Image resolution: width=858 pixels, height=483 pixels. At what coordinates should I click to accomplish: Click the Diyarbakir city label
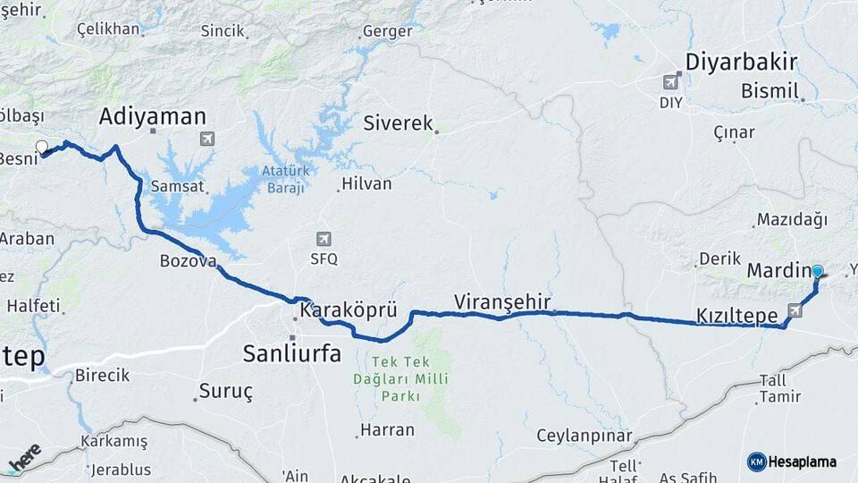(741, 62)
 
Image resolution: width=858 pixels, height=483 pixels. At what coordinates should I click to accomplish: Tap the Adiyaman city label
(153, 116)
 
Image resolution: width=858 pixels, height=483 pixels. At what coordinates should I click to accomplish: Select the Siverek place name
(398, 123)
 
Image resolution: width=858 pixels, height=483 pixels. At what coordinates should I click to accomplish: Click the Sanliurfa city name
(291, 353)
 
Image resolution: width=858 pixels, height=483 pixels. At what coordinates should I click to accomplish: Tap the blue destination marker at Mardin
(817, 271)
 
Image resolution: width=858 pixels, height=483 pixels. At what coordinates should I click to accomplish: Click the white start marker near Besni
(41, 147)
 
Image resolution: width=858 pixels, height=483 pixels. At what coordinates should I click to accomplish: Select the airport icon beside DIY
(670, 82)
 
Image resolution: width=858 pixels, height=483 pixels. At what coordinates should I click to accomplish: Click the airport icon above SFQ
(323, 239)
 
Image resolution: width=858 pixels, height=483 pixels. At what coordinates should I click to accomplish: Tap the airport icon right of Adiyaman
(207, 140)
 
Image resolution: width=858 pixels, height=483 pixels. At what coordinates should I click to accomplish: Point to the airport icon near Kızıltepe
(795, 309)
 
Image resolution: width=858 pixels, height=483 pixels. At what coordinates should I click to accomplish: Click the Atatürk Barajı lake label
(284, 179)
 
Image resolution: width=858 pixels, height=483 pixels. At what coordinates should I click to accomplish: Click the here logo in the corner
(24, 457)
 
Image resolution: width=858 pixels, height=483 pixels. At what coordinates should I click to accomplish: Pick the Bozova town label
(188, 261)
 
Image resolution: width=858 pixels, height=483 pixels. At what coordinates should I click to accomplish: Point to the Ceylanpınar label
(584, 436)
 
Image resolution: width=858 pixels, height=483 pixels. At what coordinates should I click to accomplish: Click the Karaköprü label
(348, 310)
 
